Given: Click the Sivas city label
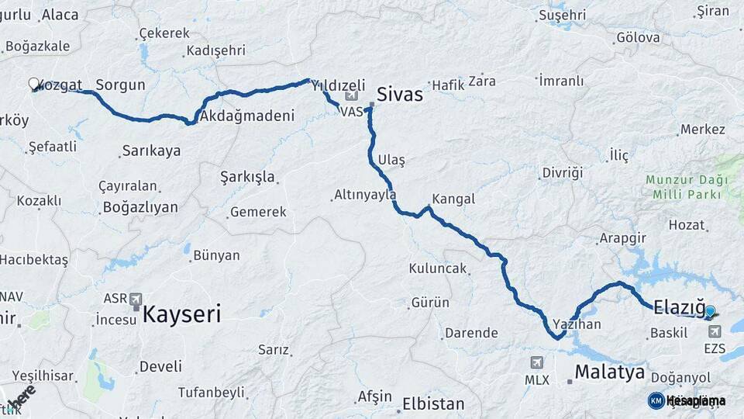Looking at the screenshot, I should point(400,95).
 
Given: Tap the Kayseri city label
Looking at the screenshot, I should point(181,314).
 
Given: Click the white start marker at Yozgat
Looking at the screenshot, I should point(34,83).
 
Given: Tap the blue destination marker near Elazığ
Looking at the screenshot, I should point(710,312).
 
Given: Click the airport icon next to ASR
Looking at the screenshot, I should point(136,299).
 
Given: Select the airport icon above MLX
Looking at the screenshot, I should point(536,362).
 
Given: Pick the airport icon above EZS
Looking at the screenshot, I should point(714,331).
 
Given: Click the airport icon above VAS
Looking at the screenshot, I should point(353,95).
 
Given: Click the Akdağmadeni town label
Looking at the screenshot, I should point(247,116).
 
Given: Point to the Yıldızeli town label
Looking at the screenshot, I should point(338,85).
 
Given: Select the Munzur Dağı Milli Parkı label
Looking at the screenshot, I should point(687,185).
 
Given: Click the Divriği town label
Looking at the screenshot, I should point(562,172).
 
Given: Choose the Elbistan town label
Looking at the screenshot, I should point(433,404).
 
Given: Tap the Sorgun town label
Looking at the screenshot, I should point(120,85).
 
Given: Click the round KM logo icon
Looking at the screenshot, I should point(656,400).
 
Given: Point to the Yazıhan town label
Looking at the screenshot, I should point(577,324).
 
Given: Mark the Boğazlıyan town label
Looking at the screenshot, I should point(139,207).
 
